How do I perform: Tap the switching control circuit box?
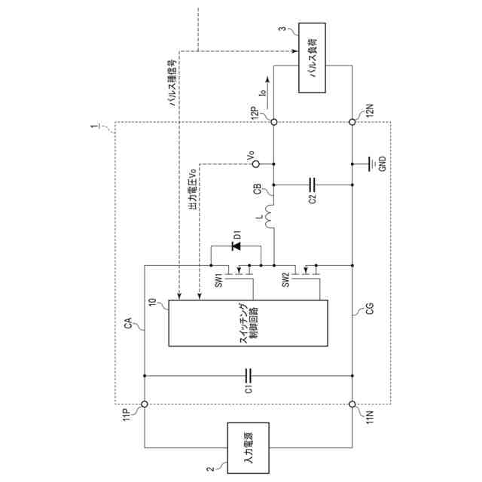click(249, 322)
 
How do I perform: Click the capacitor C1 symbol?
click(249, 375)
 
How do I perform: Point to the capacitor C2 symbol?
click(313, 182)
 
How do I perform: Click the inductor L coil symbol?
click(273, 216)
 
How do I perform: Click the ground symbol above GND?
click(370, 163)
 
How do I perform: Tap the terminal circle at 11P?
click(145, 404)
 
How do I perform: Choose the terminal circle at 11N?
click(352, 404)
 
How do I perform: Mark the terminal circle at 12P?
click(273, 121)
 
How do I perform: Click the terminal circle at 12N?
click(352, 121)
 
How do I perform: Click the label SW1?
click(220, 281)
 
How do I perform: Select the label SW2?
click(285, 280)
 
